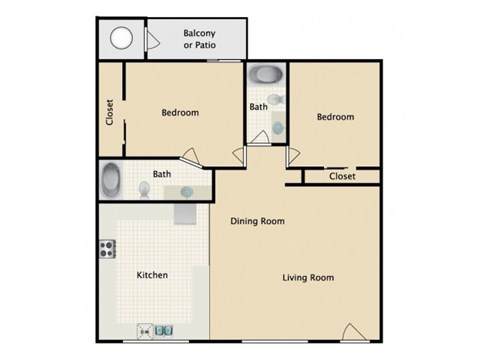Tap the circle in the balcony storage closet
pos(123,39)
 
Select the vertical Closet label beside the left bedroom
pos(110,112)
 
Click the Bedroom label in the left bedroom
pos(180,113)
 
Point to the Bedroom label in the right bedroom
pos(335,117)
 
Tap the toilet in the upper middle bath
pos(278,101)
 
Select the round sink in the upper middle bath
pos(278,127)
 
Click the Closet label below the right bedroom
pos(342,177)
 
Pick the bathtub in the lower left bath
pos(112,181)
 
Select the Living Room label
pos(307,278)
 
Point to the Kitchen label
pos(152,275)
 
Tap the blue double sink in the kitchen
pos(166,330)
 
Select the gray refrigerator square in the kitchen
pos(187,212)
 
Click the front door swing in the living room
pos(351,331)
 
